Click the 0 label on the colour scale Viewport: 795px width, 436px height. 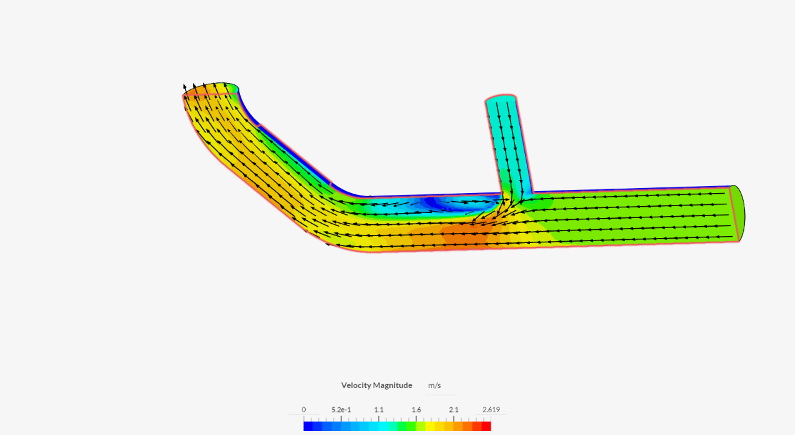pos(304,410)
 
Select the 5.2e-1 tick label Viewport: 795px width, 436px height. pos(341,410)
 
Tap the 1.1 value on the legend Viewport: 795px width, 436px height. pos(379,410)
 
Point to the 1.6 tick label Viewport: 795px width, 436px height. pos(416,410)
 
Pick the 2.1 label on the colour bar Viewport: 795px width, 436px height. pos(454,410)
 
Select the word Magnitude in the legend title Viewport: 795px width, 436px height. pos(392,385)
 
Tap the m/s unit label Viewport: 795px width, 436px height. pos(434,385)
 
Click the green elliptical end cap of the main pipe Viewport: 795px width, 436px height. pos(737,212)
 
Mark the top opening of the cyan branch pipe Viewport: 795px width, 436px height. pos(501,98)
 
